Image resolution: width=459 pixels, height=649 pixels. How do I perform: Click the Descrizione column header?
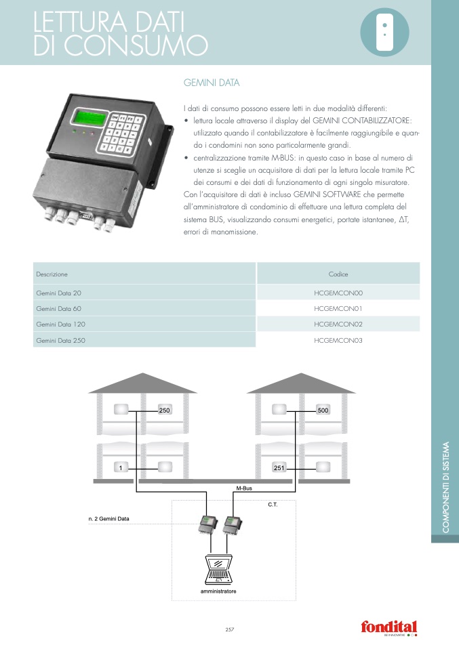coord(52,274)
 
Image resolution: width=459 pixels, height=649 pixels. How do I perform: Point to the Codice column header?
coord(338,274)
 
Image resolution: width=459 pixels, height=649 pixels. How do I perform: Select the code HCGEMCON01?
coord(338,308)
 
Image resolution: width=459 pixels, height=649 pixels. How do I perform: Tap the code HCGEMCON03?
coord(338,339)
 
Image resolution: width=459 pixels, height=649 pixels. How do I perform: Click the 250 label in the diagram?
coord(164,411)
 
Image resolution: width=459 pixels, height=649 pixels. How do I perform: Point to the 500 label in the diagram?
coord(323,411)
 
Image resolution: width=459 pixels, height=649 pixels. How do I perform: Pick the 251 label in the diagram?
coord(279,467)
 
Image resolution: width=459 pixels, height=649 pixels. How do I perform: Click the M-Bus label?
coord(244,488)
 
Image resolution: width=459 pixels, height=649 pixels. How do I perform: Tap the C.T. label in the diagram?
coord(273,505)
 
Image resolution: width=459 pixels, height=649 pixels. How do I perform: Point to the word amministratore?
coord(218,591)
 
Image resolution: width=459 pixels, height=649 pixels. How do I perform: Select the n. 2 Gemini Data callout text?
coord(108,518)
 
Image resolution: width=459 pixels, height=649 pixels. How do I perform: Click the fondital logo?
coord(388,627)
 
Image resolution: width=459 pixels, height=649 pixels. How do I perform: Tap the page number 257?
coord(229,630)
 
